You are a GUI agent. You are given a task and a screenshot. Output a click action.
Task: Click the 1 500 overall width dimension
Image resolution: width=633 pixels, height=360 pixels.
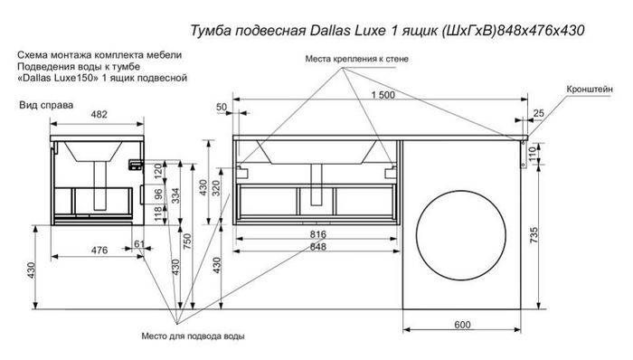coord(383,95)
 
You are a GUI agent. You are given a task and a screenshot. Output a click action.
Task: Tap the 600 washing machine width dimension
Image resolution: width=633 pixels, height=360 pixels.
coord(462,325)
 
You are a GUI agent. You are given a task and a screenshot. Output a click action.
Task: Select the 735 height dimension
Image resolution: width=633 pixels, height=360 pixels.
coord(534,235)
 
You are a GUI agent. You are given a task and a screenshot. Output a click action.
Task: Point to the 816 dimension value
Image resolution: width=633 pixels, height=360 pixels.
coord(318,234)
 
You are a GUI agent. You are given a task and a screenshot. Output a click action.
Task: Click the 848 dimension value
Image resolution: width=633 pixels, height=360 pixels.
coord(318,246)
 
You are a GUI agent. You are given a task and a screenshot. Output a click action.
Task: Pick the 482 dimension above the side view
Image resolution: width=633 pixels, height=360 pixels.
coord(99,114)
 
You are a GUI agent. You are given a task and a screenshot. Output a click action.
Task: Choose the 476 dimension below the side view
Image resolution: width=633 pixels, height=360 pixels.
coord(99,251)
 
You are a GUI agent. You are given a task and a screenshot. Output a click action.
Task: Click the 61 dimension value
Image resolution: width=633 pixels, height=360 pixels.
coord(139,243)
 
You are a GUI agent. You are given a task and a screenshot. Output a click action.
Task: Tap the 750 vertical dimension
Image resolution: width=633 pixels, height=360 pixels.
coord(187,242)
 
